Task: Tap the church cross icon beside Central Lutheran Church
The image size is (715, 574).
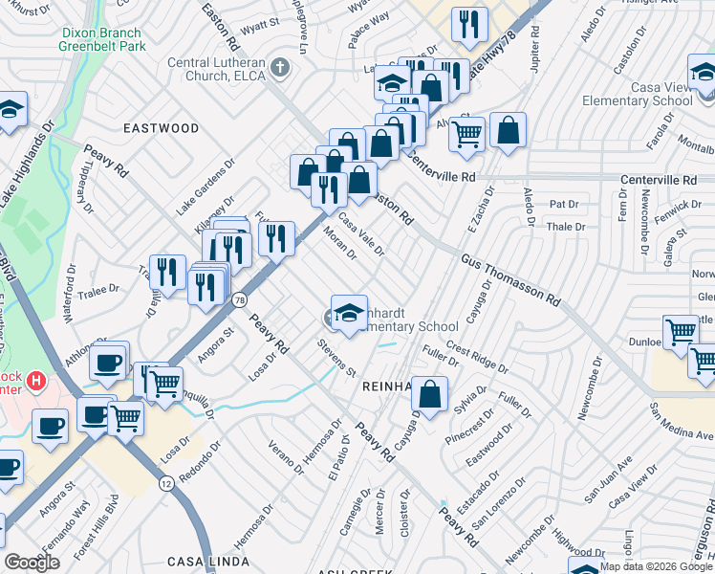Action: point(279,68)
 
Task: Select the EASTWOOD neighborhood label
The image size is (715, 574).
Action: point(161,128)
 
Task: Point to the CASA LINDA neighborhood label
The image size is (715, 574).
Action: point(202,562)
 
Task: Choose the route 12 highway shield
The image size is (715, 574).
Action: point(166,485)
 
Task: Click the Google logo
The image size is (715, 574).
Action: point(32,563)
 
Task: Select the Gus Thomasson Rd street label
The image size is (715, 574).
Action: point(510,279)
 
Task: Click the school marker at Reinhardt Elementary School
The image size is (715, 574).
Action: point(350,312)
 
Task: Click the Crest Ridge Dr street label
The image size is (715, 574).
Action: point(476,360)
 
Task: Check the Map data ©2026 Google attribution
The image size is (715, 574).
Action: point(657,565)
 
